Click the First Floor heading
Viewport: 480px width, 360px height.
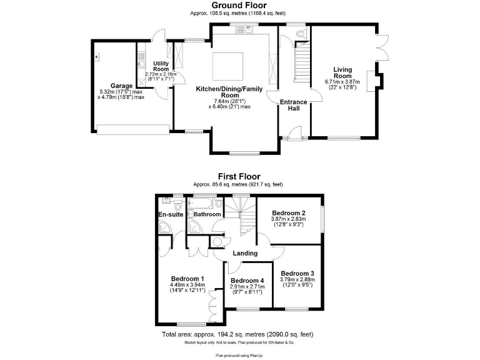(x=239, y=177)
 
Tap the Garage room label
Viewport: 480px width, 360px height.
(x=121, y=86)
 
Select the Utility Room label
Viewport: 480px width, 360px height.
(x=161, y=66)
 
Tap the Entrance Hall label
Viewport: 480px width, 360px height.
(x=293, y=105)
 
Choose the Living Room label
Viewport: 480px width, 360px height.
(x=342, y=72)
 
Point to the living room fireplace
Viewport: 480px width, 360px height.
(x=373, y=81)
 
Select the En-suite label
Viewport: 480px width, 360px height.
(x=171, y=215)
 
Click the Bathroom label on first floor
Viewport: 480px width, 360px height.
(x=207, y=215)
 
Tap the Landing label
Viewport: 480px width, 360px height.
(x=245, y=253)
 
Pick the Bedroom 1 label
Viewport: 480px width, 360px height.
(x=187, y=278)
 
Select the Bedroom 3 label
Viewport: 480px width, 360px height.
(x=297, y=274)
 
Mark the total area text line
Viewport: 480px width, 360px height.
(x=239, y=335)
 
